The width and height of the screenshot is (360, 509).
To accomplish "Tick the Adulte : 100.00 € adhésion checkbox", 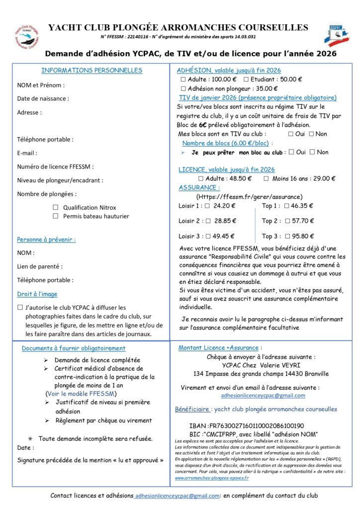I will pos(183,79).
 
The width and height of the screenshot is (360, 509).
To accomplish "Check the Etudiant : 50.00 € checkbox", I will pos(246,79).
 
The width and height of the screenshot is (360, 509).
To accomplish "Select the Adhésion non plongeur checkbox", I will pos(183,88).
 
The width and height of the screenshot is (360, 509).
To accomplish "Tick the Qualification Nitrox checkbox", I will pos(56,207).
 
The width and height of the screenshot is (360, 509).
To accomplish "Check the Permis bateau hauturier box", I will pos(56,216).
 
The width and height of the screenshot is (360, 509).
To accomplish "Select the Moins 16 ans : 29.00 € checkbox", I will pos(266,178).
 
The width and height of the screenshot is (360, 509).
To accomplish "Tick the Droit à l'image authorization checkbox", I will pos(20,308).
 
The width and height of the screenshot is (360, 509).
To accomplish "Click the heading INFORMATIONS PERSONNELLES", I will pos(91,70).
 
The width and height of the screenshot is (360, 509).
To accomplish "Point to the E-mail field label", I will pos(27,153).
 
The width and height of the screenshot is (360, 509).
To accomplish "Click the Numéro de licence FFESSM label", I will pos(55,167).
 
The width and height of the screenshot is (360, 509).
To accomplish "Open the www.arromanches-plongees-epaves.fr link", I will pos(212,478).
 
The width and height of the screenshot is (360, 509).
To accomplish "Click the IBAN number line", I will pos(246,426).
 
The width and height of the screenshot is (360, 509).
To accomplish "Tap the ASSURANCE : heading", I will pos(199,187).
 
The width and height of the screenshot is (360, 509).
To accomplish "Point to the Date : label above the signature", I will pos(25,448).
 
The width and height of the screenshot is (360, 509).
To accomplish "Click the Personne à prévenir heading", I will pos(46,240).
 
